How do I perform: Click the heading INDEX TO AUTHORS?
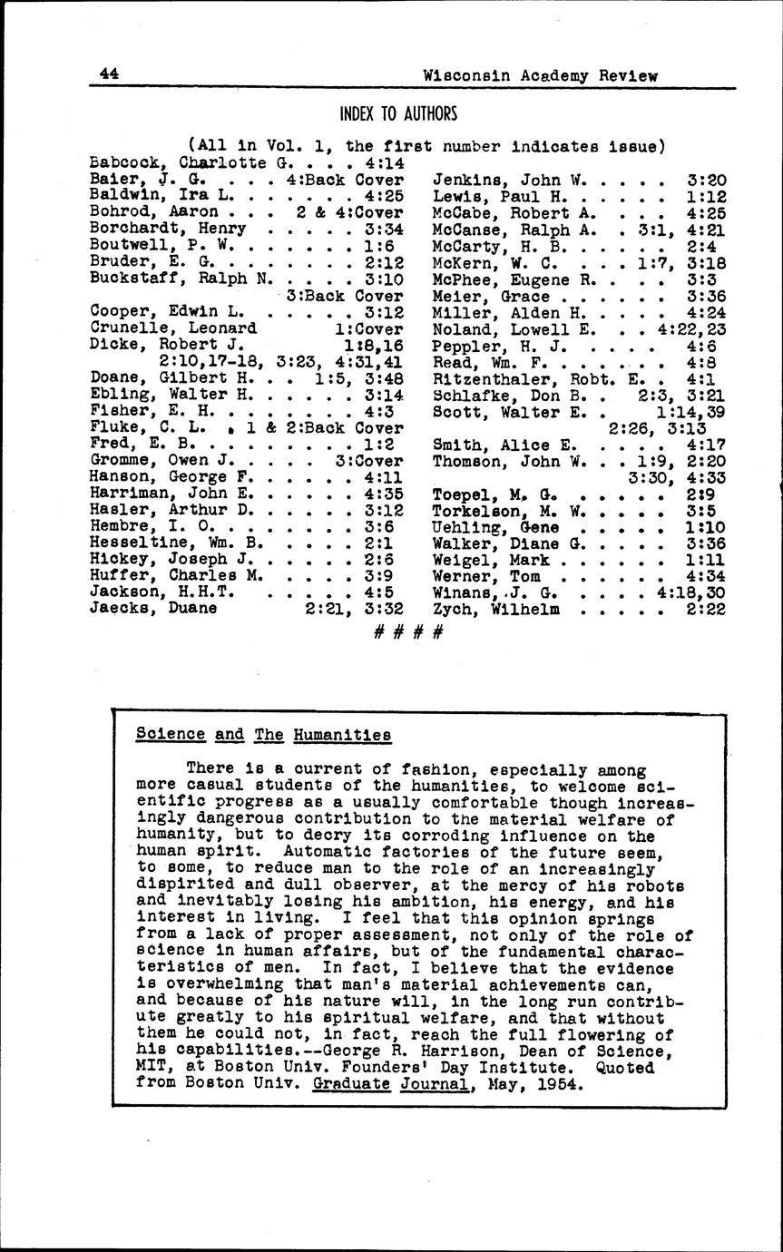coord(397,114)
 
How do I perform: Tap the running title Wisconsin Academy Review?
coord(541,76)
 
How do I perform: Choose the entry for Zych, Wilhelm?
coord(495,609)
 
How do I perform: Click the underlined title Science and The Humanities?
coord(263,735)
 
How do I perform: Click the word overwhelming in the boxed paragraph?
coord(217,984)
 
